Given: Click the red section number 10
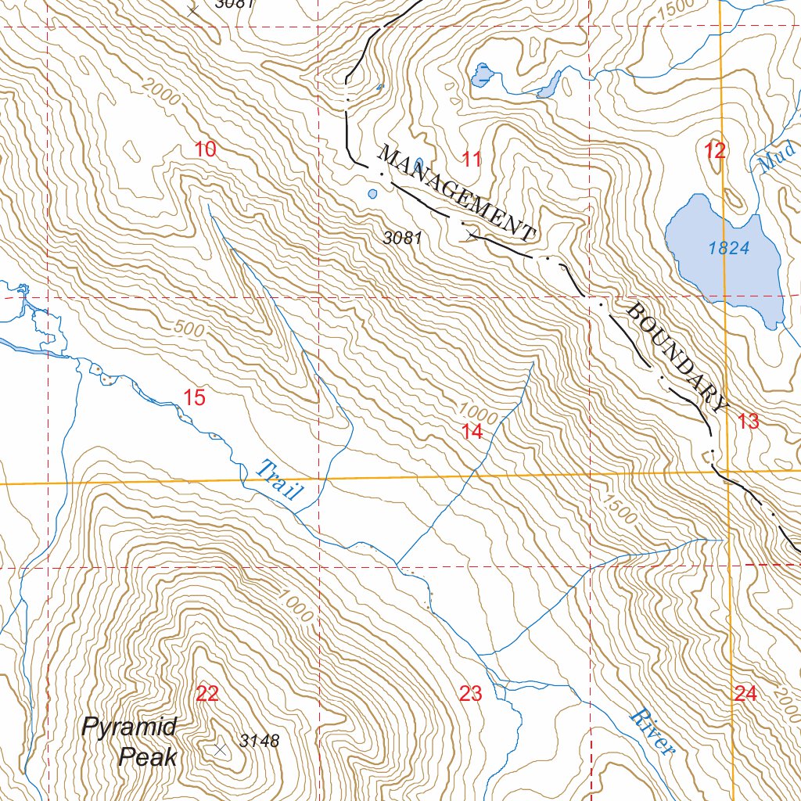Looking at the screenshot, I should (205, 149).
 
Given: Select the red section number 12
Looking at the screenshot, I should (715, 151).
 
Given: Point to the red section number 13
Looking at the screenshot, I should (748, 422).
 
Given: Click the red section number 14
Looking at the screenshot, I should (472, 431).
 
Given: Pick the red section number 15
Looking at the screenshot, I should (194, 397).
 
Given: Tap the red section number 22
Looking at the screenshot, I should (207, 693).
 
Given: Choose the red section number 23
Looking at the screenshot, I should (471, 693).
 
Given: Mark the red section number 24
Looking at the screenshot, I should (745, 692).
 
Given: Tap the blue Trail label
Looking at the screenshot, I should (279, 480).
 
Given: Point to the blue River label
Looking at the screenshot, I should (652, 732).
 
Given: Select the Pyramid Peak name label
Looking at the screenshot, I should (131, 741).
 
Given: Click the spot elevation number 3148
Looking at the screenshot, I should (259, 741).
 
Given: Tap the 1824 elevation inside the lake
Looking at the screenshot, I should (729, 249).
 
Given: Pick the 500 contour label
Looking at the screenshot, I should (189, 329).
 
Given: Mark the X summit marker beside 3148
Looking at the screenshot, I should (220, 749).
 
